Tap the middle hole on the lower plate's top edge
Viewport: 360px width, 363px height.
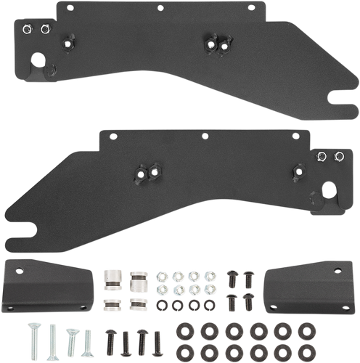205,136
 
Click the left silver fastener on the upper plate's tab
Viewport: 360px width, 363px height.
27,29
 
